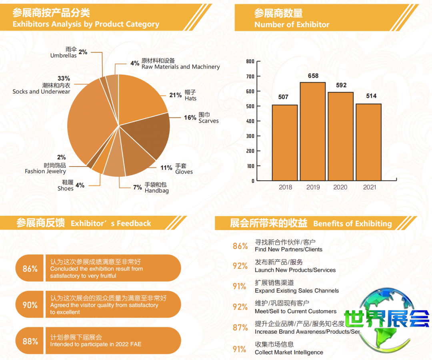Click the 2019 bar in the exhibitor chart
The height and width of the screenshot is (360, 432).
312,131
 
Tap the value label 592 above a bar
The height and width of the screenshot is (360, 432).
341,85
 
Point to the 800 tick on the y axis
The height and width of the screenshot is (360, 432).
250,61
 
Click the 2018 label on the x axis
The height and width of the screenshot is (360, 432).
285,187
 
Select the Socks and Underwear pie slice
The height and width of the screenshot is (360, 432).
90,120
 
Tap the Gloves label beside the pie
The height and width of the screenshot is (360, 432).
184,172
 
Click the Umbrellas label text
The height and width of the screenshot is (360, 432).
64,56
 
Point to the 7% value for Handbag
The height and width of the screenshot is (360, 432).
137,187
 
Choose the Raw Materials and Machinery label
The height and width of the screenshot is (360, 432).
180,67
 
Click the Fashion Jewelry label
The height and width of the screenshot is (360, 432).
45,171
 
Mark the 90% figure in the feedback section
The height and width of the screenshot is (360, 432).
30,305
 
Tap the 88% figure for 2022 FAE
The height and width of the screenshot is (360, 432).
30,341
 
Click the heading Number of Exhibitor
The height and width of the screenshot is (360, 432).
292,24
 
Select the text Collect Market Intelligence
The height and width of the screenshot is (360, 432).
289,352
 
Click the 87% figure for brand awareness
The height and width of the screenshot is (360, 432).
240,328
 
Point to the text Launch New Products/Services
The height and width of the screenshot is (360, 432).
295,270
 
